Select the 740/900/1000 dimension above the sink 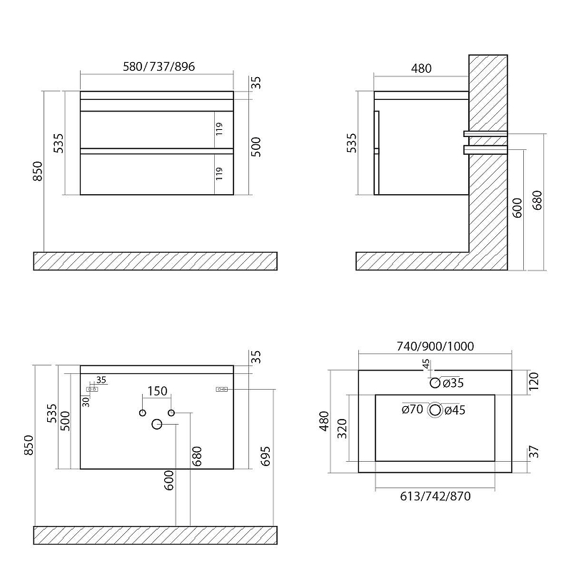(435, 346)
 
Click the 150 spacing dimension (156, 391)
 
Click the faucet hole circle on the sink (435, 383)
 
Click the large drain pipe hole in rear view (157, 425)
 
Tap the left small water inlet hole (142, 413)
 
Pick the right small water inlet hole (172, 413)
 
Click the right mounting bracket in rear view (221, 389)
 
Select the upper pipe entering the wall (487, 133)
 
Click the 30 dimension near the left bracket (86, 401)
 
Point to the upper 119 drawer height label (220, 129)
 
